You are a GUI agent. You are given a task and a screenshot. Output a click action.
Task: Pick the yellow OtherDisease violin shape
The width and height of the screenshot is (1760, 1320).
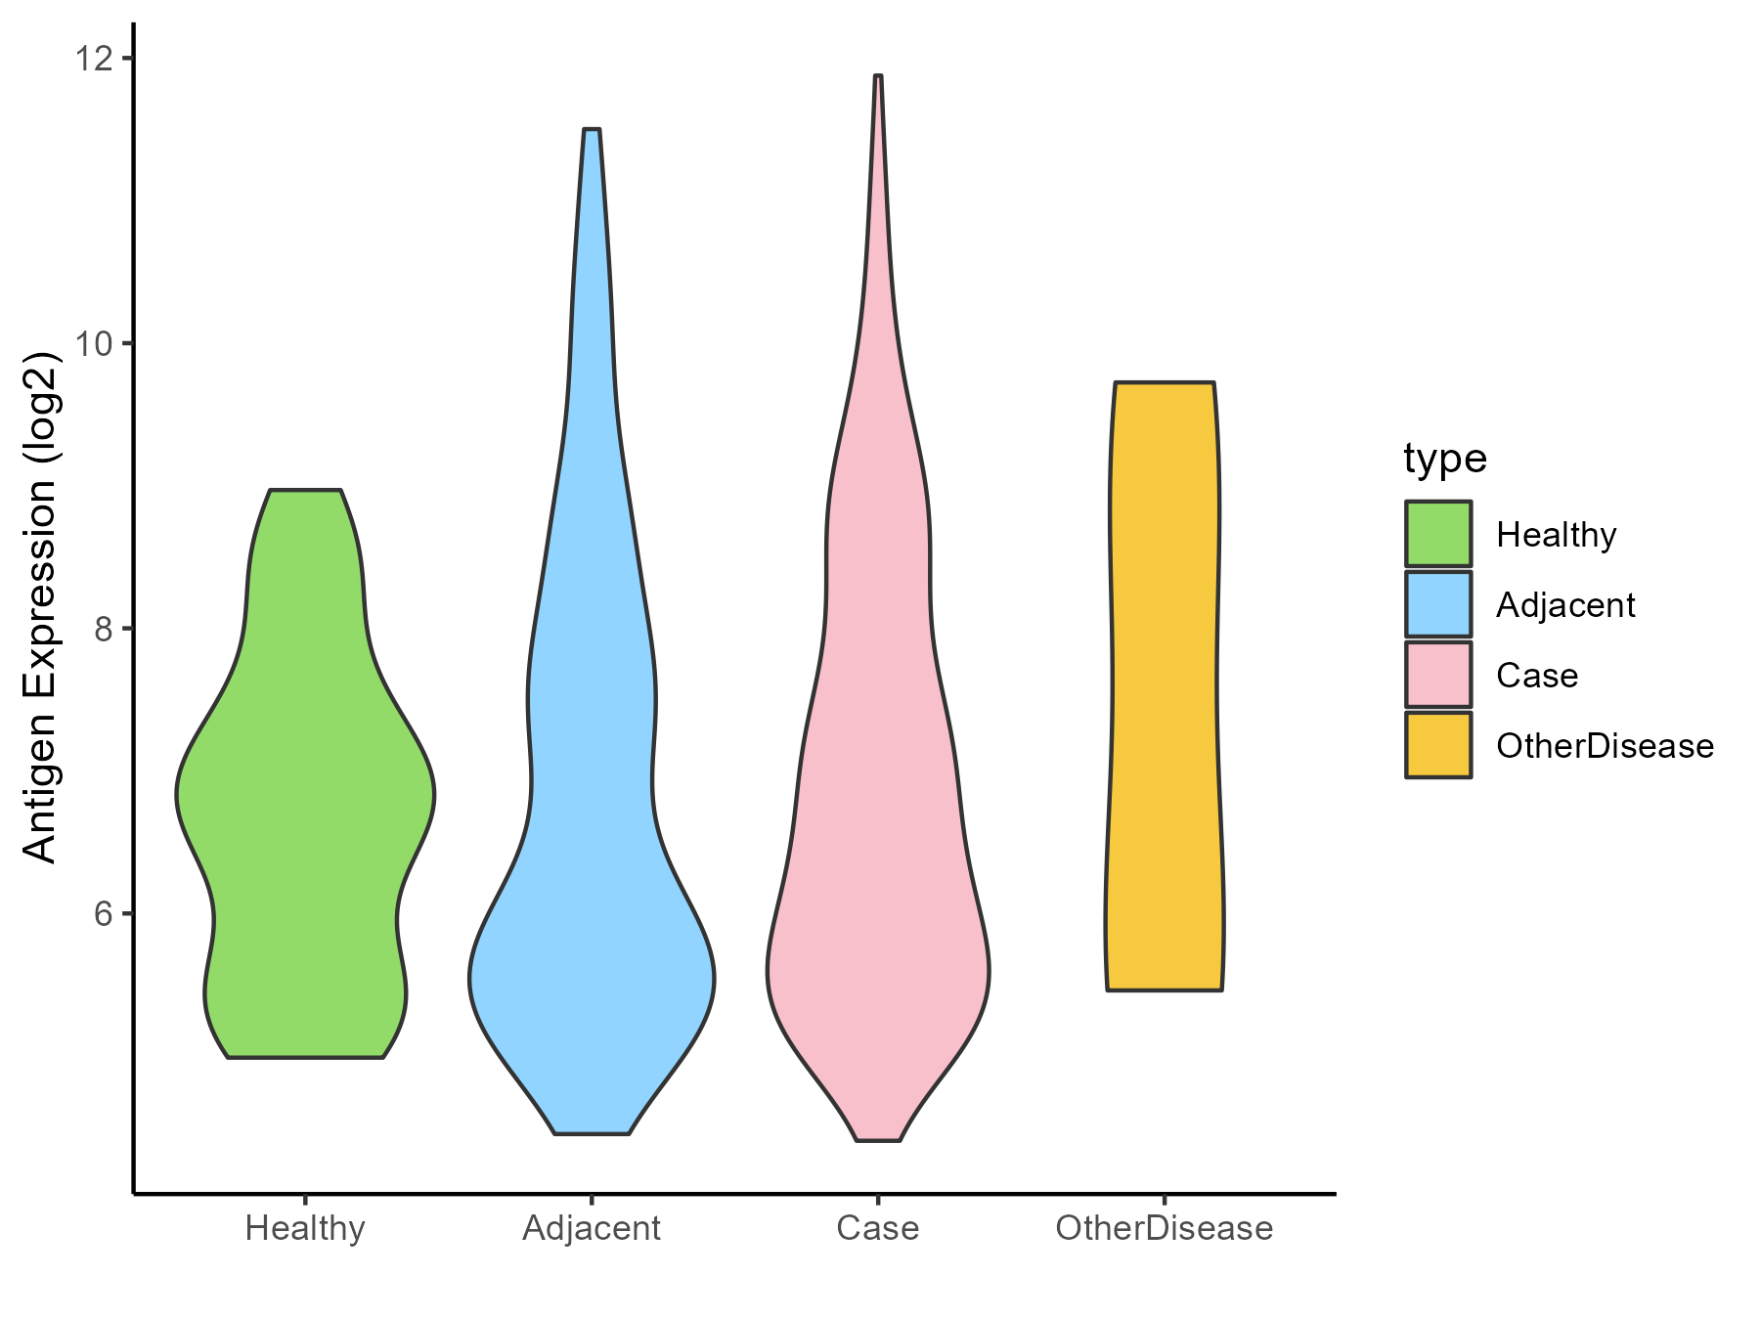[x=1164, y=684]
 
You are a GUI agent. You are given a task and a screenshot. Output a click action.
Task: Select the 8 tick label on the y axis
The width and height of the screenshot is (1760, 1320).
[x=103, y=629]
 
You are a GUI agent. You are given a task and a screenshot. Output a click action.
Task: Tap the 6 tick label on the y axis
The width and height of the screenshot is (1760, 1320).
[x=103, y=914]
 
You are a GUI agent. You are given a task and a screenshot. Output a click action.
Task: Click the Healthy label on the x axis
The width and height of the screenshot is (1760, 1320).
[x=305, y=1228]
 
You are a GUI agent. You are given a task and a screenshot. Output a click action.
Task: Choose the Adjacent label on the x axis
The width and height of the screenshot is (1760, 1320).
[x=592, y=1228]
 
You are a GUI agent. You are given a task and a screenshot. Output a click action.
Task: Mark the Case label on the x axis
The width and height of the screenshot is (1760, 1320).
[x=878, y=1228]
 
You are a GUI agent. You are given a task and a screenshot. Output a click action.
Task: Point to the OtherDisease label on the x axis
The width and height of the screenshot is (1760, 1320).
[x=1164, y=1228]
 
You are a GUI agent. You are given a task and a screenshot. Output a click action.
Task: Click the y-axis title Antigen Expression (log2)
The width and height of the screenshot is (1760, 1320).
[x=41, y=606]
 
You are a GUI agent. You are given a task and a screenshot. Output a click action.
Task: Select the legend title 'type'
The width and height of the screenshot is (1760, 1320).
[x=1444, y=459]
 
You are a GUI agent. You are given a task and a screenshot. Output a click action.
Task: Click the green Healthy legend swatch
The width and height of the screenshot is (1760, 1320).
[x=1438, y=534]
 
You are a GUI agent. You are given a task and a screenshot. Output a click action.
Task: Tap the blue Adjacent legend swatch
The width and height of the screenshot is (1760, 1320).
[x=1438, y=604]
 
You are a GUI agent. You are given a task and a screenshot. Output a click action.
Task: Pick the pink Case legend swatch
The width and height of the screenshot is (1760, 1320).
[x=1438, y=675]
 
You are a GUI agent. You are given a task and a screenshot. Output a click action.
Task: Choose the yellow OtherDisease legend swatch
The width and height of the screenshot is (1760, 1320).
[x=1438, y=745]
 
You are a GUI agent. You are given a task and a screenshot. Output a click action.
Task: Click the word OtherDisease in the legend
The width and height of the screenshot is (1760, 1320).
[x=1605, y=746]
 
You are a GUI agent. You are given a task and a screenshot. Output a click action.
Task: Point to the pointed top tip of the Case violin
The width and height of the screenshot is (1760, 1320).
[x=878, y=77]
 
